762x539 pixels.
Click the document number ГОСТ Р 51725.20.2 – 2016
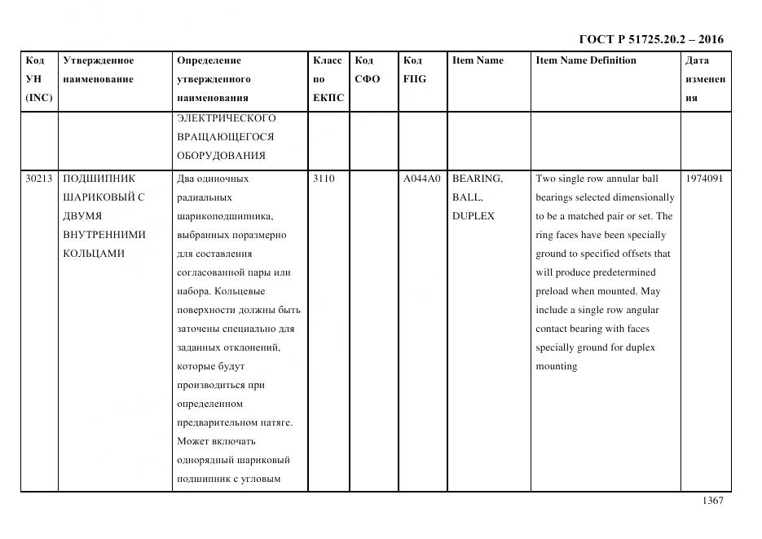(650, 39)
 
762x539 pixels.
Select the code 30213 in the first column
(39, 179)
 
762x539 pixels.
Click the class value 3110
(324, 179)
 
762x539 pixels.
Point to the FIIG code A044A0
(421, 179)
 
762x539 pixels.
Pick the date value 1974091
(703, 179)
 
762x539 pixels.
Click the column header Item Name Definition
(586, 60)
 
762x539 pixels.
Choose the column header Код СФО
(368, 69)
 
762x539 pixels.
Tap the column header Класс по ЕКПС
(328, 79)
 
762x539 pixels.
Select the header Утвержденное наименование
(98, 69)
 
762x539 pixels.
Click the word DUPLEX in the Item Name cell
(473, 216)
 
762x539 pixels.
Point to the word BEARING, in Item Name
(477, 179)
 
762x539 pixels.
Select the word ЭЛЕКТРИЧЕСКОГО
(226, 117)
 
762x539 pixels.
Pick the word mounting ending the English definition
(557, 366)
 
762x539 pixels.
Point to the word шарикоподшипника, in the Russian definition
(224, 216)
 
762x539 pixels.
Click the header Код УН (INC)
(38, 79)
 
